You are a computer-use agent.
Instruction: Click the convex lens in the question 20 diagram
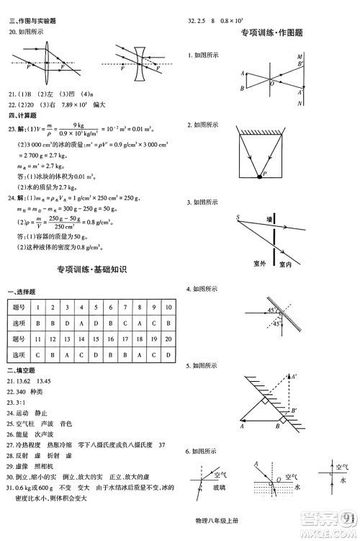click(x=46, y=64)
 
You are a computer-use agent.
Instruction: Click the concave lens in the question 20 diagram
click(x=140, y=64)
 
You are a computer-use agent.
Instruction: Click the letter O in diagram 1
click(x=271, y=84)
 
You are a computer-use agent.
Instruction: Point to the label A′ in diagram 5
click(x=293, y=376)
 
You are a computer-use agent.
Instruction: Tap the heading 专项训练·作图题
click(x=271, y=32)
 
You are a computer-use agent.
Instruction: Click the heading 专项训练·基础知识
click(x=91, y=269)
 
